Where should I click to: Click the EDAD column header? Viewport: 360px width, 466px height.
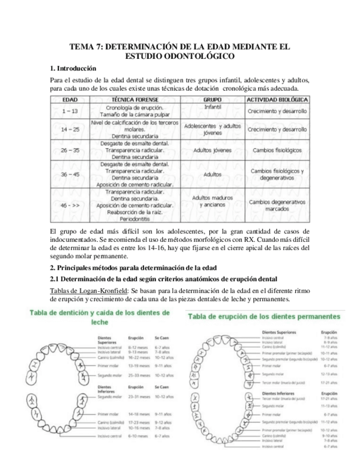click(x=70, y=100)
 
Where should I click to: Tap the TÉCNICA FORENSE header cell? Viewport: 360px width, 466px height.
click(x=137, y=100)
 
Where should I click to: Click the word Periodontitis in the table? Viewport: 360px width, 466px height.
click(x=137, y=218)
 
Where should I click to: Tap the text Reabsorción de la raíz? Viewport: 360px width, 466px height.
click(x=137, y=212)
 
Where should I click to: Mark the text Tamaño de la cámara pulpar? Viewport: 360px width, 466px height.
click(x=137, y=114)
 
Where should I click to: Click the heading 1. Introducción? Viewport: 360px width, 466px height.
click(x=73, y=69)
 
